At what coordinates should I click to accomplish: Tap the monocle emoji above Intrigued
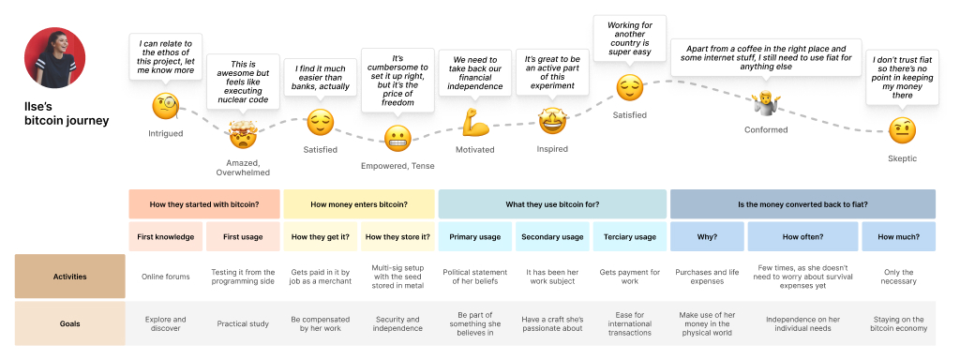click(165, 106)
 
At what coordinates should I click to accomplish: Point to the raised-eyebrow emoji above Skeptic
click(902, 129)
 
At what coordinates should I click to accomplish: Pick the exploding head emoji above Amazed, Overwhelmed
click(242, 138)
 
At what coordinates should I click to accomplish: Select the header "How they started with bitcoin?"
click(204, 204)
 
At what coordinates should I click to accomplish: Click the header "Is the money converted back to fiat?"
click(802, 204)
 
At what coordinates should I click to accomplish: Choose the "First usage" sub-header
click(243, 236)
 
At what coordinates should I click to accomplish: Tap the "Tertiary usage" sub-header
click(629, 236)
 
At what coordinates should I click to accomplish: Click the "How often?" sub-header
click(802, 236)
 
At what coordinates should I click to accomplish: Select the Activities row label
click(69, 277)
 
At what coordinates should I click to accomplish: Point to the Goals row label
click(69, 323)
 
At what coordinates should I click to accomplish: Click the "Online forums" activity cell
click(165, 277)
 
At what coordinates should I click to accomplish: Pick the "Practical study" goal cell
click(243, 323)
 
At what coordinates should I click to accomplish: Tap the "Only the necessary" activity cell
click(899, 277)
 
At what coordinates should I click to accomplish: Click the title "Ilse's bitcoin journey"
click(66, 113)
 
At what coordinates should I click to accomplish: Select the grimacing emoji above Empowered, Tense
click(397, 139)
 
